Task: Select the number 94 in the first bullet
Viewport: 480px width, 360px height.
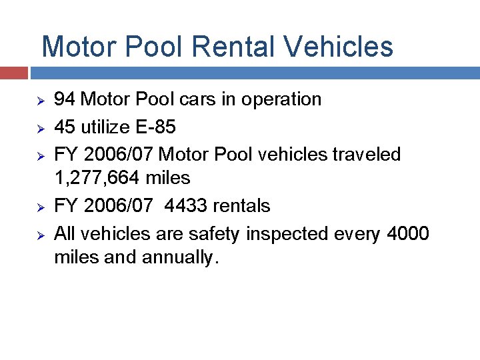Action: point(64,99)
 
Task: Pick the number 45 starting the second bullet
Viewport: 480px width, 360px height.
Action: point(64,127)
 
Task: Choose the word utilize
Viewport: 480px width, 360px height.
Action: point(102,127)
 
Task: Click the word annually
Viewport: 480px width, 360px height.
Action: point(179,258)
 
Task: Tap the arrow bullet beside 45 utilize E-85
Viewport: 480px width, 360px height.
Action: point(39,127)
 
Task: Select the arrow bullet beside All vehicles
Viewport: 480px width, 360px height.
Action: point(39,235)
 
